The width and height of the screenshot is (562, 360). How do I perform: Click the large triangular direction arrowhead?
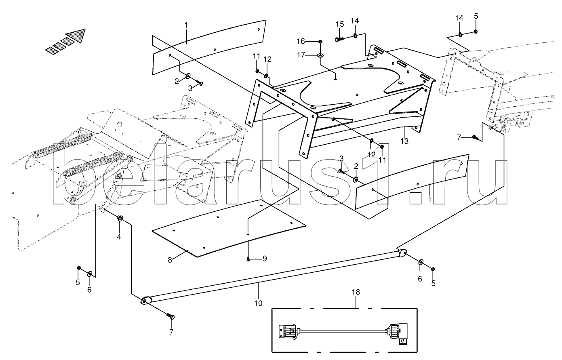tap(77, 35)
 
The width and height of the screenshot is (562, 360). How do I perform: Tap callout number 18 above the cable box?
tap(356, 292)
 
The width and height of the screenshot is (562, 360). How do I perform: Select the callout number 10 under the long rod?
tap(259, 303)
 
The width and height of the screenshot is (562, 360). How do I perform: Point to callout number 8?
tap(170, 260)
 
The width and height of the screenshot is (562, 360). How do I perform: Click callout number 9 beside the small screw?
tap(265, 259)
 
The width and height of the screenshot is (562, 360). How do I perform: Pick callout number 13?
tap(404, 141)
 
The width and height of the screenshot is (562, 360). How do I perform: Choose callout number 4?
tap(119, 237)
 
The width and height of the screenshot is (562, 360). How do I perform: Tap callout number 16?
tap(301, 41)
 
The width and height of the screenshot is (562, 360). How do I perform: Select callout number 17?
tap(301, 55)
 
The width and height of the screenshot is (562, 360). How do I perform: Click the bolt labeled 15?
tap(339, 39)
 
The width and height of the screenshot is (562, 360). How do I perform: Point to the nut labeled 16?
tap(320, 41)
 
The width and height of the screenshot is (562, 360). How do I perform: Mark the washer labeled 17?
tap(320, 55)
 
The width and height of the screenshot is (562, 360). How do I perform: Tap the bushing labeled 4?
tap(120, 219)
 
